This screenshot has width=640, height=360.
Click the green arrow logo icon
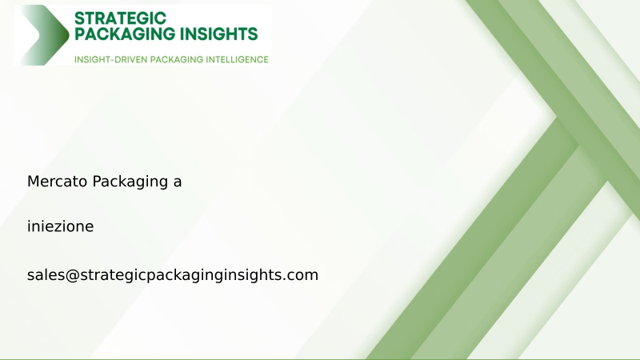point(45,35)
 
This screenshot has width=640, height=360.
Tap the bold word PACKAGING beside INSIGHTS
point(126,34)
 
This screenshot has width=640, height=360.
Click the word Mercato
point(58,182)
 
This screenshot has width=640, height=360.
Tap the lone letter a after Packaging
point(177,182)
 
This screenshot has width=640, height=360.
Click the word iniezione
point(60,226)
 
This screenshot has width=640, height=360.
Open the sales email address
point(173,275)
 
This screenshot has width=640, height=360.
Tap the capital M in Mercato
point(33,182)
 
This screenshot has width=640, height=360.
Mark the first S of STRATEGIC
point(78,17)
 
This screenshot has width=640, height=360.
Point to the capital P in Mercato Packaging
point(97,182)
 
